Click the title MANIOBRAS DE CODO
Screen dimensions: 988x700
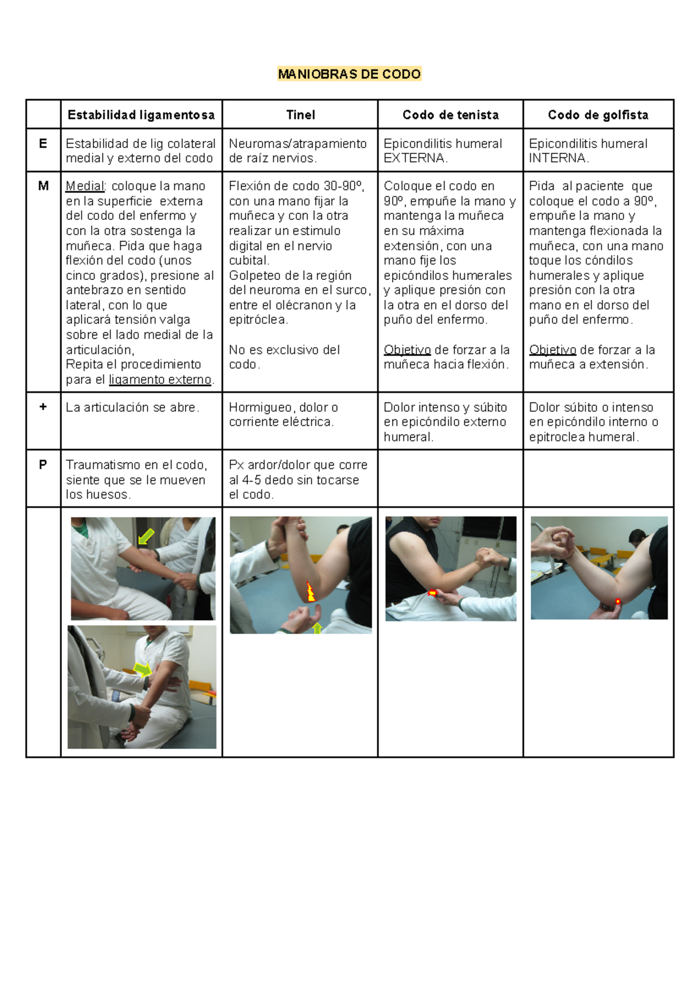point(349,74)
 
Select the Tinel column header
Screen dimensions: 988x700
point(300,115)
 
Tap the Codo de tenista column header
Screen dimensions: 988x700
point(450,115)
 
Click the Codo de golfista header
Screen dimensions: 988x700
point(598,115)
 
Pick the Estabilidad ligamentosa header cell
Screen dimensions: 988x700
point(141,115)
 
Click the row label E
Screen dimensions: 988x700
point(43,143)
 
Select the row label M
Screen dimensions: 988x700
point(43,186)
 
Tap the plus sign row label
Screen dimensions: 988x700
point(43,407)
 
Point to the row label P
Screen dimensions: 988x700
point(43,465)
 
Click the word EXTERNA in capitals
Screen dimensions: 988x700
point(414,158)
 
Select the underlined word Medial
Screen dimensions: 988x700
point(85,186)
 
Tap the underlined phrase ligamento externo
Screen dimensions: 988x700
point(160,380)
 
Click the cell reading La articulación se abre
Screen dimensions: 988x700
point(132,408)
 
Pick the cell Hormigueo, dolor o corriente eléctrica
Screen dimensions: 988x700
point(283,415)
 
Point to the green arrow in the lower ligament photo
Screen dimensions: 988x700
point(142,670)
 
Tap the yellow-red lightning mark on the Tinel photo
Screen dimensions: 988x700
point(311,591)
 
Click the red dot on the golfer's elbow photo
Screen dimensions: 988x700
point(618,602)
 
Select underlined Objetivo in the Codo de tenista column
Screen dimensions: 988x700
point(407,350)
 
